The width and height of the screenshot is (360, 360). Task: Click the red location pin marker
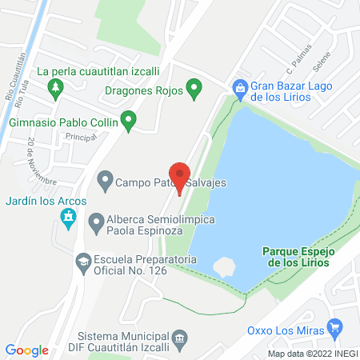[181, 176]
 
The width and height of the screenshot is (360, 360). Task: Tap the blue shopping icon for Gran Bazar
[238, 86]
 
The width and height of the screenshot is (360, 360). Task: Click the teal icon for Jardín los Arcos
[69, 217]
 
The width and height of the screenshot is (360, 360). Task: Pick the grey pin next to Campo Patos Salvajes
[104, 181]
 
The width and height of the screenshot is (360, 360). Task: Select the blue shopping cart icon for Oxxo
[335, 327]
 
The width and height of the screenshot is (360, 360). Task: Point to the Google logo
[27, 350]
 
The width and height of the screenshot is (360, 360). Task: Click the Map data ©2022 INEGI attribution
[312, 353]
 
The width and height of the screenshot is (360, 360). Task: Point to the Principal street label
[81, 138]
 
